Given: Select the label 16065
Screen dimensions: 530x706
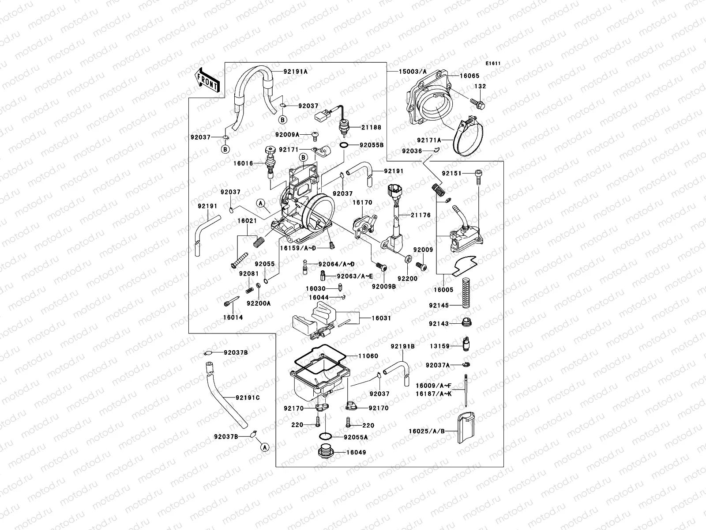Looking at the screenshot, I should [469, 76].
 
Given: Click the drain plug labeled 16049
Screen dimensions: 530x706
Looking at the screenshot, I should [326, 452].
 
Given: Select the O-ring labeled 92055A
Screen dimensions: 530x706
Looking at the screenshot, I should [326, 437].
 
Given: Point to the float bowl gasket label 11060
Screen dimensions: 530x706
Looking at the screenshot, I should [368, 356].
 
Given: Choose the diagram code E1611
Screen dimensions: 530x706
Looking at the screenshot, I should [493, 64].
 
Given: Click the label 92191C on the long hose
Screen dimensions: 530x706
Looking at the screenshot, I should [248, 397].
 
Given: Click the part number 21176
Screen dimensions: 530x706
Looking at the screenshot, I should [421, 215].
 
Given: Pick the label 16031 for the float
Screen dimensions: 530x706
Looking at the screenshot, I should [381, 318].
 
